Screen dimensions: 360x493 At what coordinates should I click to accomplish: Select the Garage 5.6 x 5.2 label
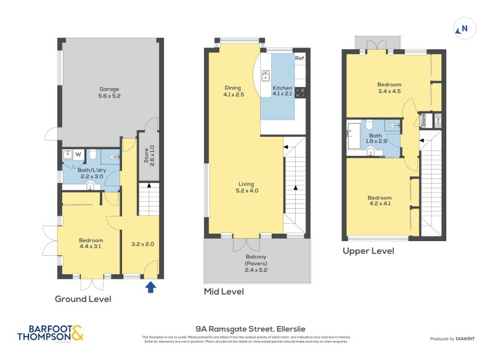tap(109, 92)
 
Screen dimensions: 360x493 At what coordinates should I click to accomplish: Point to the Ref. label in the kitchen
tap(300, 58)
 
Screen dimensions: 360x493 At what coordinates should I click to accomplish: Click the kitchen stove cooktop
tap(301, 93)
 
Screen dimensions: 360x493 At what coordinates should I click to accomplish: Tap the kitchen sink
tap(266, 76)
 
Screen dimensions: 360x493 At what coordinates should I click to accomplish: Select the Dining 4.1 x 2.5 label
tap(233, 91)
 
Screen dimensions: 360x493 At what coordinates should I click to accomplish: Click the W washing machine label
tap(78, 155)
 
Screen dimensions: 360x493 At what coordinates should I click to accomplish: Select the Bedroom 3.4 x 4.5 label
tap(389, 88)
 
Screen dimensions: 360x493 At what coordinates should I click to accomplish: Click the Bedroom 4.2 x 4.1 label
tap(380, 200)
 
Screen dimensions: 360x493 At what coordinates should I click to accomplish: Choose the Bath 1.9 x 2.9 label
tap(375, 139)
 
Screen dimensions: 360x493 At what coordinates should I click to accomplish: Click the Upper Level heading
tap(368, 251)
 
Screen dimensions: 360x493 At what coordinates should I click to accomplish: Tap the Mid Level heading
tap(224, 292)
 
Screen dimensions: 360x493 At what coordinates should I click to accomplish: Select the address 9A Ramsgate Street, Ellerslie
tap(246, 329)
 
